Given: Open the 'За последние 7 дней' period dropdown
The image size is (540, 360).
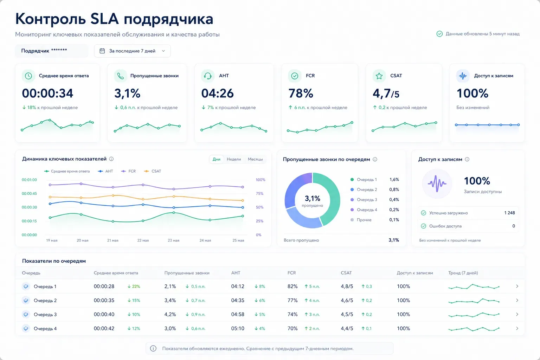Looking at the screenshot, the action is (132, 51).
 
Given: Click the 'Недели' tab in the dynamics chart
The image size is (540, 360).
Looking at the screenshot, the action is (234, 159).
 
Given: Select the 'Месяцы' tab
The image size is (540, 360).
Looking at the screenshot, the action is (255, 159).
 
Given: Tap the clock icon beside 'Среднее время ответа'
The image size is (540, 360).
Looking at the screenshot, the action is (28, 76).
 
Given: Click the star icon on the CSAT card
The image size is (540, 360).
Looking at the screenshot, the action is (379, 76).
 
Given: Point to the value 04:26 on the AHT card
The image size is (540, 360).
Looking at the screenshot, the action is (218, 93).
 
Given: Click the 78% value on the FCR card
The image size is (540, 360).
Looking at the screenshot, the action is (301, 93).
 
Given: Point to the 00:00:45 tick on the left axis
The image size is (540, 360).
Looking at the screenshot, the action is (30, 193).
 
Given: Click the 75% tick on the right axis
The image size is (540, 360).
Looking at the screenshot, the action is (260, 193).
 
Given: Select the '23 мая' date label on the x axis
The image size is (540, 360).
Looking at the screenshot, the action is (174, 240).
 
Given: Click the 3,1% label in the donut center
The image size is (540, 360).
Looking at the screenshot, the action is (313, 198).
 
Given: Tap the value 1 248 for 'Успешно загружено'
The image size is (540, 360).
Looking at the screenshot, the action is (510, 213).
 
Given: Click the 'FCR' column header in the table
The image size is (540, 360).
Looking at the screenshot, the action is (292, 273).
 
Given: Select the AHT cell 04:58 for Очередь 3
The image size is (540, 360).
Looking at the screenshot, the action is (238, 314).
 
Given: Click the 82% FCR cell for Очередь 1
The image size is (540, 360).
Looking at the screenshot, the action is (292, 287).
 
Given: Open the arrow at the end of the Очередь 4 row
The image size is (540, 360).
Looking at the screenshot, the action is (517, 328).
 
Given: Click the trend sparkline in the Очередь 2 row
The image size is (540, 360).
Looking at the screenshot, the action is (474, 301).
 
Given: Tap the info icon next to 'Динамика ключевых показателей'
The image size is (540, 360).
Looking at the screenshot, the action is (111, 159).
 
